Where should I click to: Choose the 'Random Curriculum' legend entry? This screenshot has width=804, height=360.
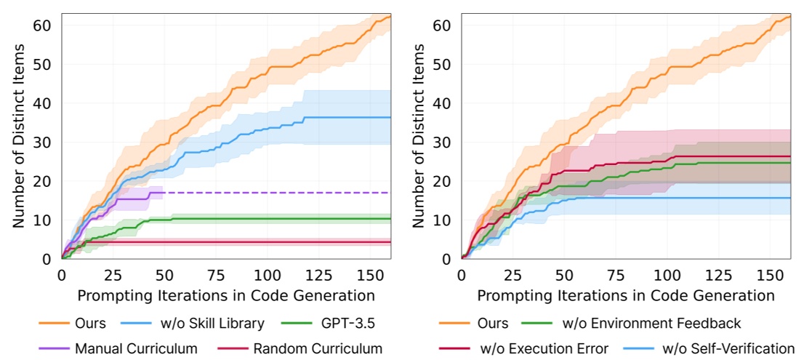click(x=318, y=348)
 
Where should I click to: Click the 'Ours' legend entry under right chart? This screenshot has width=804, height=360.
click(x=492, y=322)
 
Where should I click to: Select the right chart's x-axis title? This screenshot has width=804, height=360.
click(x=626, y=295)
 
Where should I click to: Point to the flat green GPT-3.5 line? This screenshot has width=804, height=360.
click(x=291, y=218)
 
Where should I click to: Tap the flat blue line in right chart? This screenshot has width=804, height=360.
click(x=691, y=198)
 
